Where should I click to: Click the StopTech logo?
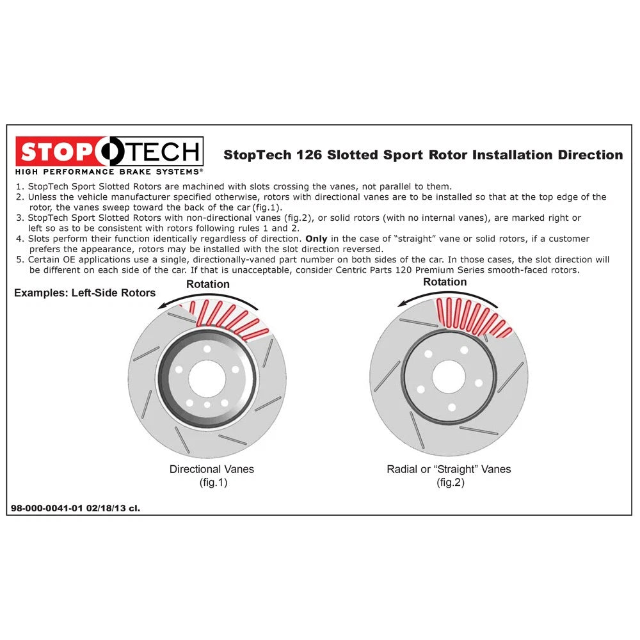point(109,152)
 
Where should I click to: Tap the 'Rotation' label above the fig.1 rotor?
point(207,284)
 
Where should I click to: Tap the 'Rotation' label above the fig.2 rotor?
point(445,282)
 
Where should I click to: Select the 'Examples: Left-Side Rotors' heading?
point(85,293)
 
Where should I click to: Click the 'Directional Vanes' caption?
point(211,469)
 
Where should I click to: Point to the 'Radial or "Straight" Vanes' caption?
point(449,469)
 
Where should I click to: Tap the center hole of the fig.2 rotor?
point(448,376)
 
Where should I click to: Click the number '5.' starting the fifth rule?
point(19,260)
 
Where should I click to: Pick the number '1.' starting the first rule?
point(19,186)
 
